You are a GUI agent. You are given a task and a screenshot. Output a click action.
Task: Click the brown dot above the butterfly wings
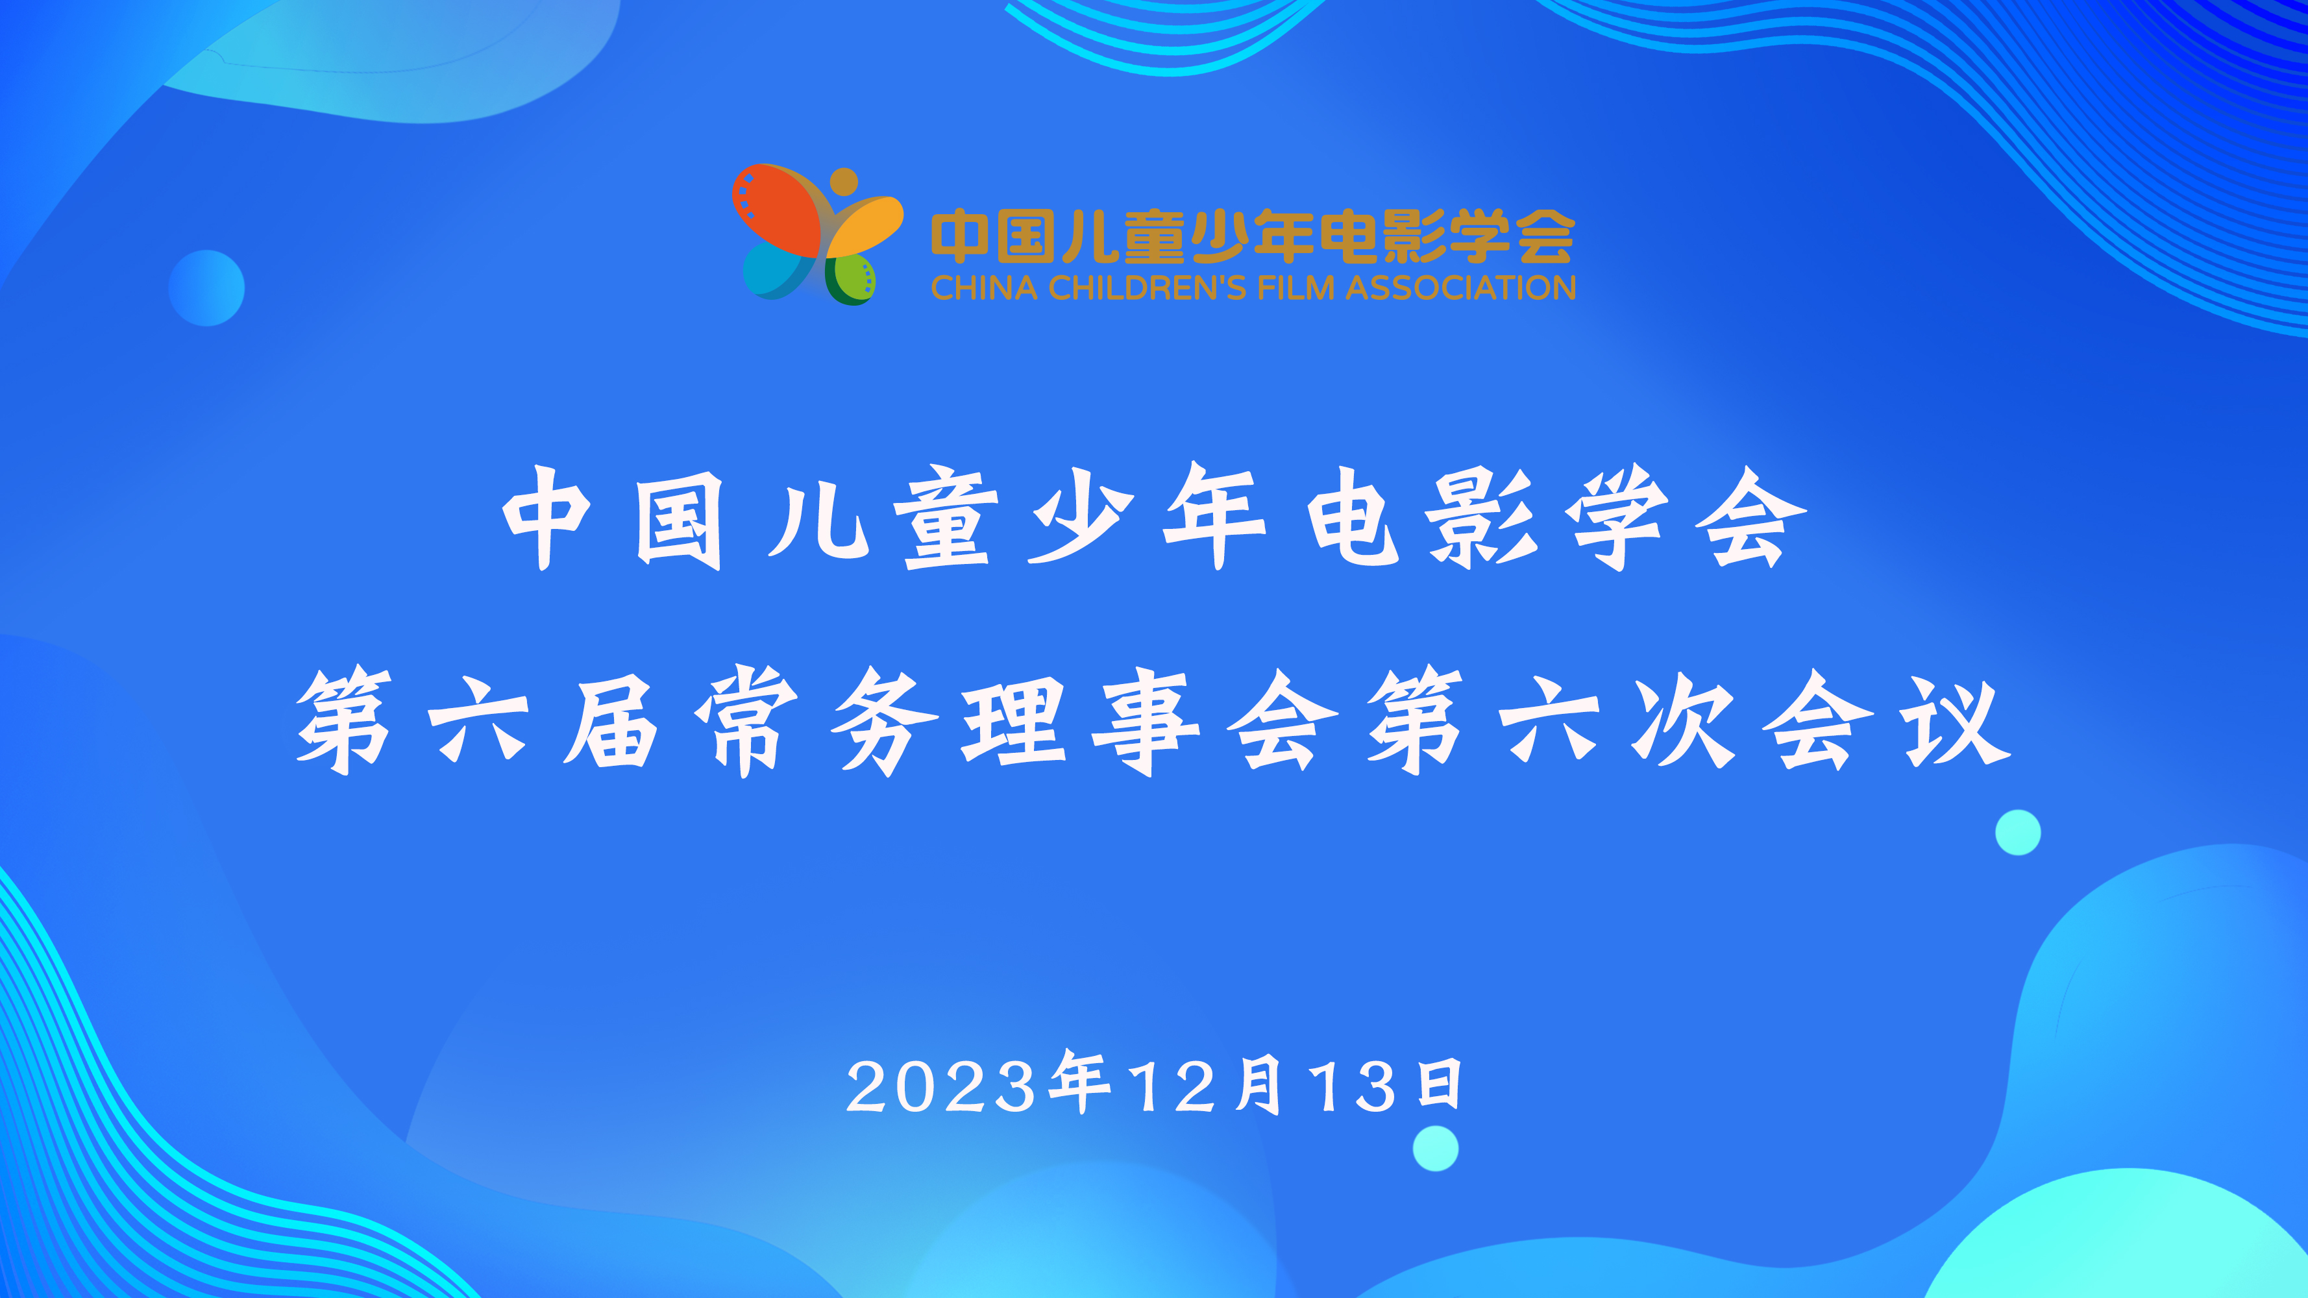843,182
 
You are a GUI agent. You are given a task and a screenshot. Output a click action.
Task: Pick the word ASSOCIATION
1460,288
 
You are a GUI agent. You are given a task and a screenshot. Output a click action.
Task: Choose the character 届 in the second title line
610,722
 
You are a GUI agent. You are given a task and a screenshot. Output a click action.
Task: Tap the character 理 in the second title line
1013,722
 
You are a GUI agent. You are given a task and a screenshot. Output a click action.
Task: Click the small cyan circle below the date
1435,1148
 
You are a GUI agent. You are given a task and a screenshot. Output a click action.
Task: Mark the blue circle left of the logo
206,288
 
